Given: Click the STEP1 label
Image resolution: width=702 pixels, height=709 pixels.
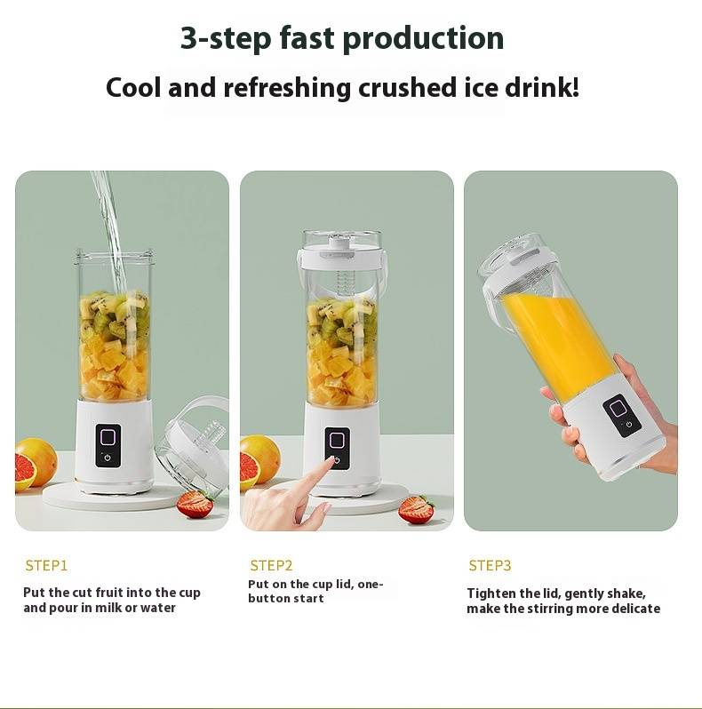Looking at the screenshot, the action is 46,565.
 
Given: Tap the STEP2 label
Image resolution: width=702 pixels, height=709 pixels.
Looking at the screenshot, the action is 271,565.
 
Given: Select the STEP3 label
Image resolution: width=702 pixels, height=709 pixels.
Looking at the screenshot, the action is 490,565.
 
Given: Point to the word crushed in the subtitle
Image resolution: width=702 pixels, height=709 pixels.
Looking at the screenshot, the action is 407,87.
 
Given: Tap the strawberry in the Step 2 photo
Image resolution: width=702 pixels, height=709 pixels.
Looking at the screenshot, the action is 417,510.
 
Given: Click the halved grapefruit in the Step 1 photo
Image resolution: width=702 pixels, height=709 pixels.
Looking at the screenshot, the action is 36,464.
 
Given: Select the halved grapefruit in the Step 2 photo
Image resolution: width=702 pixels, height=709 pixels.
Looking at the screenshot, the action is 259,462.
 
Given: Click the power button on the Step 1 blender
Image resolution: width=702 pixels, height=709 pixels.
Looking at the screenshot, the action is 108,458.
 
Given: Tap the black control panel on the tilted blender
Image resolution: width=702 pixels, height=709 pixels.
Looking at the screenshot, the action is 621,416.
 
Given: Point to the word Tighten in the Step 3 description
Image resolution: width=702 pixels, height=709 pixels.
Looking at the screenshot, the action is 489,593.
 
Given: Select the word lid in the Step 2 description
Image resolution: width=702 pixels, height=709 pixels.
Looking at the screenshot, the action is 345,585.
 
